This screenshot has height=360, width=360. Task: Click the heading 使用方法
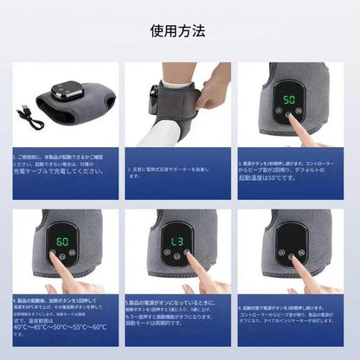click(x=180, y=30)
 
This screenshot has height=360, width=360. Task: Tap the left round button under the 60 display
click(x=52, y=255)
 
